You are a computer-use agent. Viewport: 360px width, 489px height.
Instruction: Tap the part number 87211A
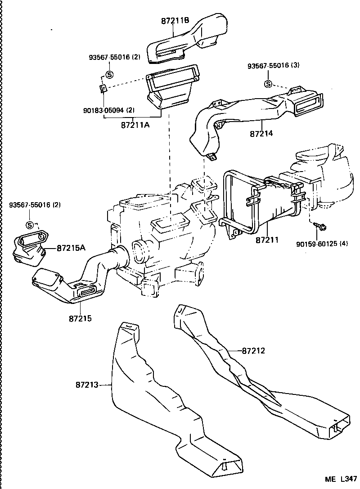click(135, 125)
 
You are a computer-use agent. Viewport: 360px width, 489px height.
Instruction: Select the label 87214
click(262, 134)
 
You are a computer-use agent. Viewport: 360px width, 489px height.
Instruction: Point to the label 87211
click(267, 240)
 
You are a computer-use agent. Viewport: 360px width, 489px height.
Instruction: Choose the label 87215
click(81, 318)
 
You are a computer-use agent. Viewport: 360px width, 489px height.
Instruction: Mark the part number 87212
click(253, 350)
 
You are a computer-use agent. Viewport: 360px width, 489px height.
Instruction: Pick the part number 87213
click(87, 385)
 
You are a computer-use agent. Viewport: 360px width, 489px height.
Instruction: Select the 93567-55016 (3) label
click(273, 66)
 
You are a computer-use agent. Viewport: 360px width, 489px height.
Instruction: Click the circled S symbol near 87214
click(268, 84)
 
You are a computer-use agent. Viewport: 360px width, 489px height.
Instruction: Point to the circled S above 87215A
click(30, 225)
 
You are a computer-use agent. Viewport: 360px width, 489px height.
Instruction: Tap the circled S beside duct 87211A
click(109, 75)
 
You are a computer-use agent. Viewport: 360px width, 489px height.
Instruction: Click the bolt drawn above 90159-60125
click(322, 226)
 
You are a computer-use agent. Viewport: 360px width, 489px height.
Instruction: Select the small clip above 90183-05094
click(103, 88)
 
